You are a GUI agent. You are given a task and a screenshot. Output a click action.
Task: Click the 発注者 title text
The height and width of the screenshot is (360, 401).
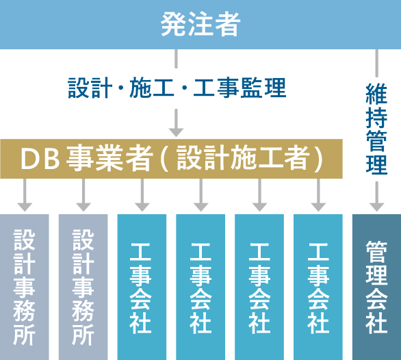(x=200, y=25)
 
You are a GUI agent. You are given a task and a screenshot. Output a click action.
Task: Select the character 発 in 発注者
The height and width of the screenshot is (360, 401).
(x=173, y=25)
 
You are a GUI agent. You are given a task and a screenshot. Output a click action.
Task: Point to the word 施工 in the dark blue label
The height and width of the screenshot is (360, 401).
(x=152, y=88)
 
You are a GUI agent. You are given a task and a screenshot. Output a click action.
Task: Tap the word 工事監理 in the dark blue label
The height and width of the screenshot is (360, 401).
(x=240, y=88)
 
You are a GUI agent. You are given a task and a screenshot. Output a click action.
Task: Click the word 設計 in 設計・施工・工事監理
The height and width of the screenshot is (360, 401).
(x=90, y=88)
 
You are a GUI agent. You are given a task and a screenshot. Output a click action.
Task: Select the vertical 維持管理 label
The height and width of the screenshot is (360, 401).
(x=376, y=129)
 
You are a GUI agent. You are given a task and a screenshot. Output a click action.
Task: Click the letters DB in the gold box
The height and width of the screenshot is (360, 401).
(x=40, y=159)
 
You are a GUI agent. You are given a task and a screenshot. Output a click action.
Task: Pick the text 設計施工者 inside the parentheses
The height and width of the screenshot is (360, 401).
(x=242, y=158)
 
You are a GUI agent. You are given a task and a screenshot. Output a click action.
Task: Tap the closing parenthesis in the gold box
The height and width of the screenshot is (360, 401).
(x=318, y=159)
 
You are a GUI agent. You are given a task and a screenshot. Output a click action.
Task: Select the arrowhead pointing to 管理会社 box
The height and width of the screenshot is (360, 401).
(x=376, y=207)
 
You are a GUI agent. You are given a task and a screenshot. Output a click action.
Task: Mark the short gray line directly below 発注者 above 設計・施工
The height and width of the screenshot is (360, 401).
(x=176, y=59)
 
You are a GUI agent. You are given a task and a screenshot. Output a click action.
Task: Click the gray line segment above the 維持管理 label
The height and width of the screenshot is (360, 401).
(x=376, y=63)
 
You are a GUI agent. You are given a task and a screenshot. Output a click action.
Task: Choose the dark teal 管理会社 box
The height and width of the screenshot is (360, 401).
(x=376, y=287)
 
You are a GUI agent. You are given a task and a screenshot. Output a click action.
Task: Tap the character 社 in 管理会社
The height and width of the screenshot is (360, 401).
(x=376, y=324)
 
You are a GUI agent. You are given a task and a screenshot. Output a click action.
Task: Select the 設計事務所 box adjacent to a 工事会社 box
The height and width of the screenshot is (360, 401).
(x=83, y=287)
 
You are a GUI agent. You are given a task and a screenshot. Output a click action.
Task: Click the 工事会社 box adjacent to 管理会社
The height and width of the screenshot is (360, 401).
(x=318, y=287)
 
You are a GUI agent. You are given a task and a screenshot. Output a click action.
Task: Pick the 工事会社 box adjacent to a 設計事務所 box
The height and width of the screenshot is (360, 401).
(x=142, y=287)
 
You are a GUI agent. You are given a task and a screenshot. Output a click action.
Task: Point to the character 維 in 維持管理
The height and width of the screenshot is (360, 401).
(x=376, y=94)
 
